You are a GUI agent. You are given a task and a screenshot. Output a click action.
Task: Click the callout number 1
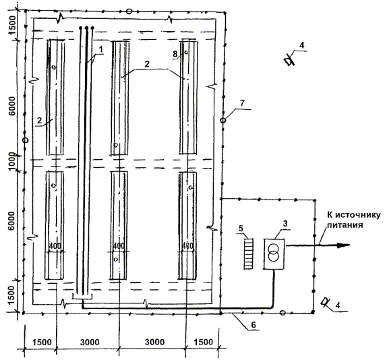(x=100, y=49)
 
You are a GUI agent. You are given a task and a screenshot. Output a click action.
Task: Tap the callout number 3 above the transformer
(x=285, y=224)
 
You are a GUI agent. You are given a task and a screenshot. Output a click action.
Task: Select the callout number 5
(x=241, y=229)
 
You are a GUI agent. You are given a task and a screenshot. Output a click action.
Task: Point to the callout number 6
(x=254, y=325)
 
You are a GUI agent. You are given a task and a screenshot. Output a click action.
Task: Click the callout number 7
(x=242, y=102)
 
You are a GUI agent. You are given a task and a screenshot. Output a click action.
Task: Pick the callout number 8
(x=175, y=54)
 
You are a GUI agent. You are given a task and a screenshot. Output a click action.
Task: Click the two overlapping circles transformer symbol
(x=273, y=253)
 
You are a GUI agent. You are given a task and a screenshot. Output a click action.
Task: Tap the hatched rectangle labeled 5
(x=248, y=254)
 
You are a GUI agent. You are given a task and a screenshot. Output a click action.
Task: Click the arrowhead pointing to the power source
(x=344, y=245)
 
